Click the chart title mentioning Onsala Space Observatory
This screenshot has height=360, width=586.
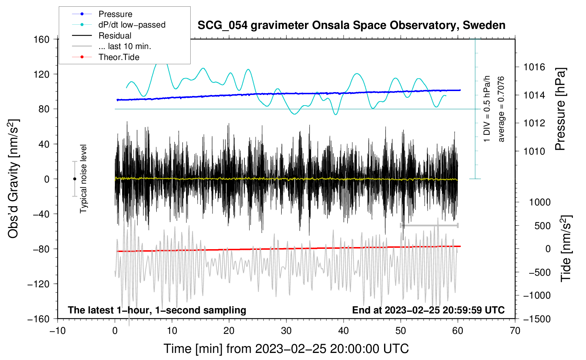(351, 25)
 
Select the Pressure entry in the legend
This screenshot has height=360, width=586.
(115, 14)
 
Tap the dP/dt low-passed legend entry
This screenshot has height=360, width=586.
(132, 25)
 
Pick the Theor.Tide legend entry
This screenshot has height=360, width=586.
(119, 57)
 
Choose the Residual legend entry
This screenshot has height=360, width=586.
(115, 36)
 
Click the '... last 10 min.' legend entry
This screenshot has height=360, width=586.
(125, 46)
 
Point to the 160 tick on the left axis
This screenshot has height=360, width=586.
(42, 40)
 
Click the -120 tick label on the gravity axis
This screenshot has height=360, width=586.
(38, 284)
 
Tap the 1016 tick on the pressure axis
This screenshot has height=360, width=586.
(534, 67)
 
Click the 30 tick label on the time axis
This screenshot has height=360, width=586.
(286, 331)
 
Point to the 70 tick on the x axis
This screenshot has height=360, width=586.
(515, 331)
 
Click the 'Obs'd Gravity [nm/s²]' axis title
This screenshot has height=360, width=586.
(13, 179)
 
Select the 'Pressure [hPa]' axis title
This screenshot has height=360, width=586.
(560, 109)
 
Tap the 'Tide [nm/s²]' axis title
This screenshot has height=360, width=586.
(566, 248)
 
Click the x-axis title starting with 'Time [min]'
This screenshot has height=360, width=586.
(286, 349)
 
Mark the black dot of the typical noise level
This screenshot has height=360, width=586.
(74, 179)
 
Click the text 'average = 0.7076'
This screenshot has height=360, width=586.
(501, 109)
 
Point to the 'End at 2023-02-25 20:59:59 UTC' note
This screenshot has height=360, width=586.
(428, 310)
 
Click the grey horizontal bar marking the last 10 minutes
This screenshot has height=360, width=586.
(429, 225)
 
